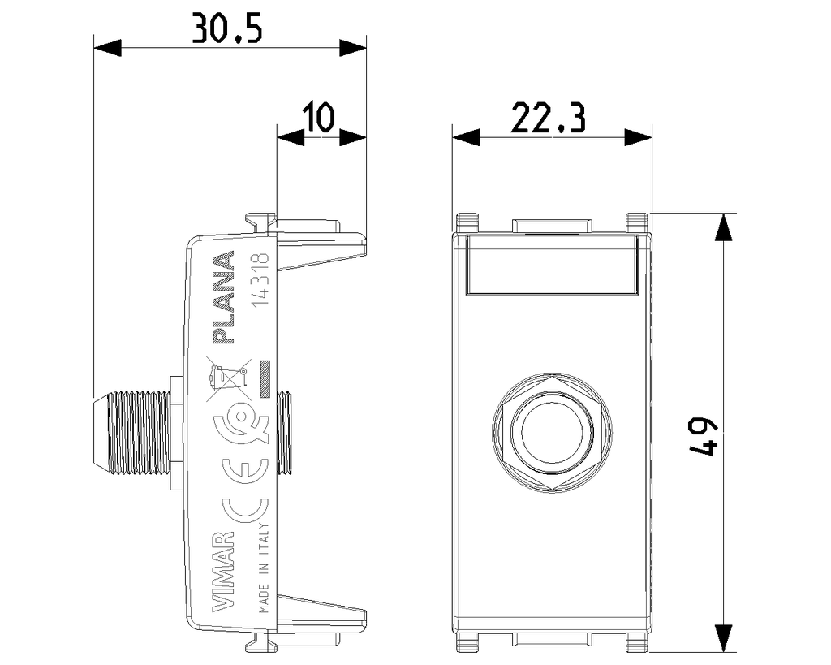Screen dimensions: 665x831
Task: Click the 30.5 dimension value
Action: (226, 29)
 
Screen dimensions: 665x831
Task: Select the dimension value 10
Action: (320, 118)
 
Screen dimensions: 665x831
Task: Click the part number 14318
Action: (262, 282)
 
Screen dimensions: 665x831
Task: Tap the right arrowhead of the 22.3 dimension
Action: (638, 137)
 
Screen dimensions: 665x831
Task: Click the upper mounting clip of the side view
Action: (321, 244)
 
